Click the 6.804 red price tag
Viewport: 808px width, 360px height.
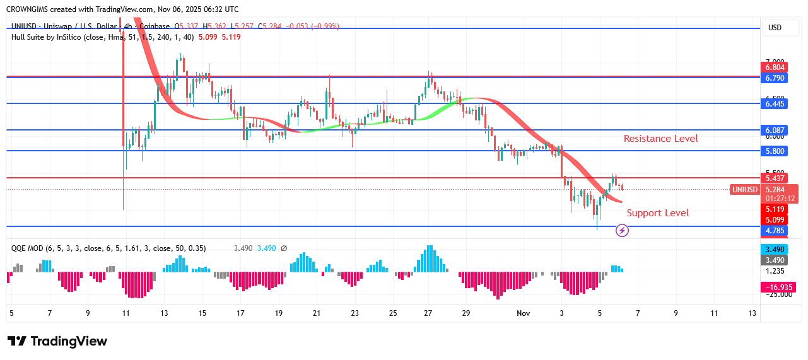point(775,67)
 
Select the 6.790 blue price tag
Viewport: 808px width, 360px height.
point(775,78)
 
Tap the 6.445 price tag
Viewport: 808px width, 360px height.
point(775,103)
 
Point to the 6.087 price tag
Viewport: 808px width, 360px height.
point(775,130)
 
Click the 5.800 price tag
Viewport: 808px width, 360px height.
point(775,151)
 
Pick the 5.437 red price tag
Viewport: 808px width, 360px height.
point(775,178)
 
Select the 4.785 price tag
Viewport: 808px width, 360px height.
point(775,231)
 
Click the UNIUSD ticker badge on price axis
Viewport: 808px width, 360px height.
point(745,190)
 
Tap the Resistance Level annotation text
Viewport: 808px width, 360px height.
point(660,139)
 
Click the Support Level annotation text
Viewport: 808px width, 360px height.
point(657,213)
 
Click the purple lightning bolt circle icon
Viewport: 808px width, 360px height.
point(622,231)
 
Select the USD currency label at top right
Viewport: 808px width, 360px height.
point(774,28)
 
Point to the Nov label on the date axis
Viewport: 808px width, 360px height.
point(523,313)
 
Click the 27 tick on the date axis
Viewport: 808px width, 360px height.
point(428,313)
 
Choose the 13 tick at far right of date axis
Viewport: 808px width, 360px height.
point(752,313)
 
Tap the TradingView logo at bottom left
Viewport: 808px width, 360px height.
point(57,341)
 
